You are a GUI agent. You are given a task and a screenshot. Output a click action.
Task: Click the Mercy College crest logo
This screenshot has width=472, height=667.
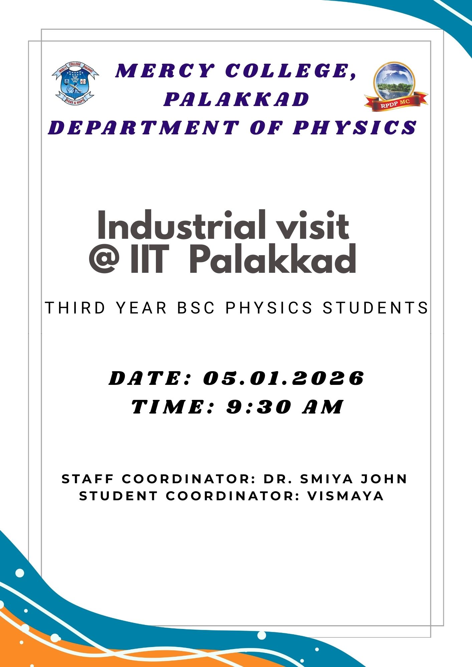(x=75, y=83)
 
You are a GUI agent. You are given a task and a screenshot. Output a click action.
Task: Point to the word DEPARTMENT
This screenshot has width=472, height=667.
(x=144, y=128)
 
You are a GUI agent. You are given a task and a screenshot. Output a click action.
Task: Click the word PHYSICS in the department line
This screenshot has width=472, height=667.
(x=355, y=128)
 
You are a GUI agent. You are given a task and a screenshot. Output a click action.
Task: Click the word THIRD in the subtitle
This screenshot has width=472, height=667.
(x=75, y=307)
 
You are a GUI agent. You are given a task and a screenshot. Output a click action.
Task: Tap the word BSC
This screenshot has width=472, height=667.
(x=196, y=307)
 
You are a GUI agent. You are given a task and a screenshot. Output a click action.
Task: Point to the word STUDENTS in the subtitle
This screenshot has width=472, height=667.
(x=375, y=307)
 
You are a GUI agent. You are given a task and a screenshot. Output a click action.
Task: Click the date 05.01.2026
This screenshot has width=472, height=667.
(x=283, y=379)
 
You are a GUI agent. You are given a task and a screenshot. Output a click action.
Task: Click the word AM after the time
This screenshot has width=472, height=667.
(x=322, y=407)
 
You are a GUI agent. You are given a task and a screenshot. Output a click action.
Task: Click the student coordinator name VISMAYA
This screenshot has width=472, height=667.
(x=345, y=496)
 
